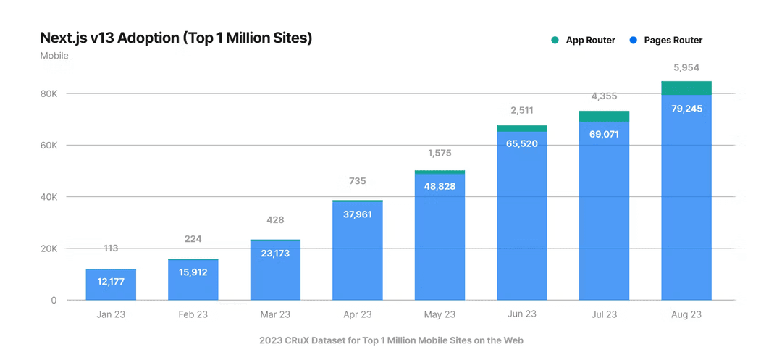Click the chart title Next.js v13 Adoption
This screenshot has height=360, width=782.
tap(176, 38)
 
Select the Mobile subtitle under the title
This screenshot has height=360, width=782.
tap(54, 56)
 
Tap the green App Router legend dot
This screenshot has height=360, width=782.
tap(555, 41)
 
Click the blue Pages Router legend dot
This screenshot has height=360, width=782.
tap(633, 41)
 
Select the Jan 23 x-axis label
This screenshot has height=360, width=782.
tap(111, 314)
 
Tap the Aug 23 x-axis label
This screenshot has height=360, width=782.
tap(686, 314)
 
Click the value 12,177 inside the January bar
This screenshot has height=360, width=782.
tap(111, 281)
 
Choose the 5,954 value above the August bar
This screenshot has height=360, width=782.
tap(686, 67)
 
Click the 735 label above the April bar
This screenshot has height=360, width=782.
tap(358, 181)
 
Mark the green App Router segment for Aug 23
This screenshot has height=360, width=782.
tap(686, 88)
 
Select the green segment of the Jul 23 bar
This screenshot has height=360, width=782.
tap(604, 116)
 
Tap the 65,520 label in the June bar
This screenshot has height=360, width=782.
tap(522, 143)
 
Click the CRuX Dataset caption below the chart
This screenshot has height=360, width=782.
tap(391, 340)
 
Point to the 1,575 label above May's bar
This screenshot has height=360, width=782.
tap(440, 153)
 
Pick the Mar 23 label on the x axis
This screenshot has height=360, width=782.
tap(275, 314)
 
